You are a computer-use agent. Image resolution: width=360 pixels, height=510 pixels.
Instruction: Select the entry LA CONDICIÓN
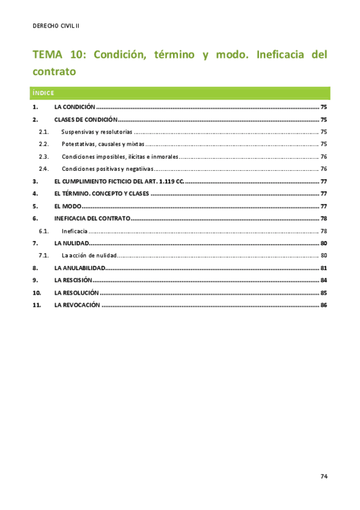(x=75, y=106)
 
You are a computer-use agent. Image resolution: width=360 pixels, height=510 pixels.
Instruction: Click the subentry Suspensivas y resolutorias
(x=97, y=132)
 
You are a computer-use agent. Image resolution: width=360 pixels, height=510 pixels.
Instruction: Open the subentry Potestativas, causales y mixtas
(x=103, y=144)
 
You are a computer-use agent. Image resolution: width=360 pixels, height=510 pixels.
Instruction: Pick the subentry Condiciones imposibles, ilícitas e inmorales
(x=120, y=156)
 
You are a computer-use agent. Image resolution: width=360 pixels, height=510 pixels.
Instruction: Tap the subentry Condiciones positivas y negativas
(x=108, y=169)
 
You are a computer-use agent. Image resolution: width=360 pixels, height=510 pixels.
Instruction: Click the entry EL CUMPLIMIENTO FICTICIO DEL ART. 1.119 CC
(x=118, y=181)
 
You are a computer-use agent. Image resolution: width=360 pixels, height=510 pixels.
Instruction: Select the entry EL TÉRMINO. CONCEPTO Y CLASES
(x=101, y=194)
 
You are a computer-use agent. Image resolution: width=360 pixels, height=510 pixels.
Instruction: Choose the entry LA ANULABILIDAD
(x=79, y=268)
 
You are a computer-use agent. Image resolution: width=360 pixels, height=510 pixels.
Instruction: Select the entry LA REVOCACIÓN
(x=77, y=305)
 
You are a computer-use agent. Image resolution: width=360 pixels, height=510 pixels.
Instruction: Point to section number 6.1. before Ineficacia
(x=43, y=231)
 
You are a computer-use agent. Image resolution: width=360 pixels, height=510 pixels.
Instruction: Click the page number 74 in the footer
(x=323, y=476)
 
